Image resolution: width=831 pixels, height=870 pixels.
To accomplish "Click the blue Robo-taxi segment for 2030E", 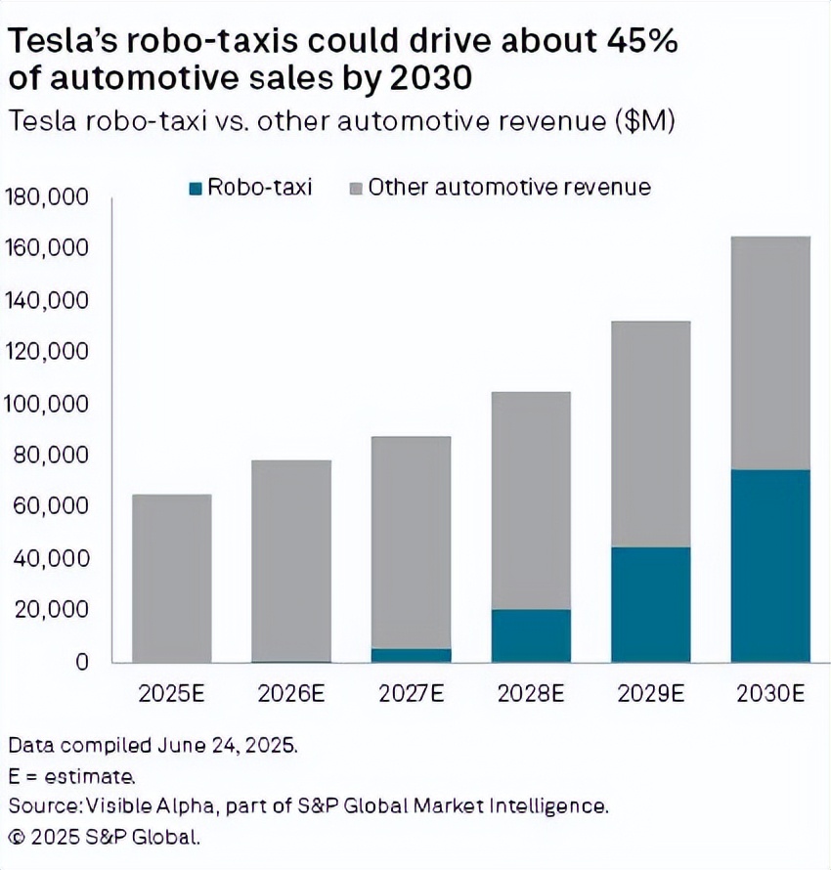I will coord(770,565).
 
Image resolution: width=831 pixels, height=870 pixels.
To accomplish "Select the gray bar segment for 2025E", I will coord(171,578).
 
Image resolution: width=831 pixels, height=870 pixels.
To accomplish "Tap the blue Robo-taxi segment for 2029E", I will coord(650,604).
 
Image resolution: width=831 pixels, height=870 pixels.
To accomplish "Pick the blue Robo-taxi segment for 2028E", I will coord(531,635).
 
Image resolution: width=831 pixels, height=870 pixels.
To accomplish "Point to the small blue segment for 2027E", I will coord(411,655).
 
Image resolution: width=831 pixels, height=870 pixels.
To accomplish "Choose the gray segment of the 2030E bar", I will coord(770,353).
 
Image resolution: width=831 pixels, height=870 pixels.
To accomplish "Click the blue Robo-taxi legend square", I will coord(195,188).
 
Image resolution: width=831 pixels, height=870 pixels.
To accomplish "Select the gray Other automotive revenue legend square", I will coord(356,188).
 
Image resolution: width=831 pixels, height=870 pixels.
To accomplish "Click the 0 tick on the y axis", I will coord(82,662).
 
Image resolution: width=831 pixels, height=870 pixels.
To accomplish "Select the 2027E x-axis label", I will coord(411,694).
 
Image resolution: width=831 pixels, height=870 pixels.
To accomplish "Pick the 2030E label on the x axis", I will coord(770,694).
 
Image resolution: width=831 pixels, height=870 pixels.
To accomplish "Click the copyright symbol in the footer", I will coord(17,837).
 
